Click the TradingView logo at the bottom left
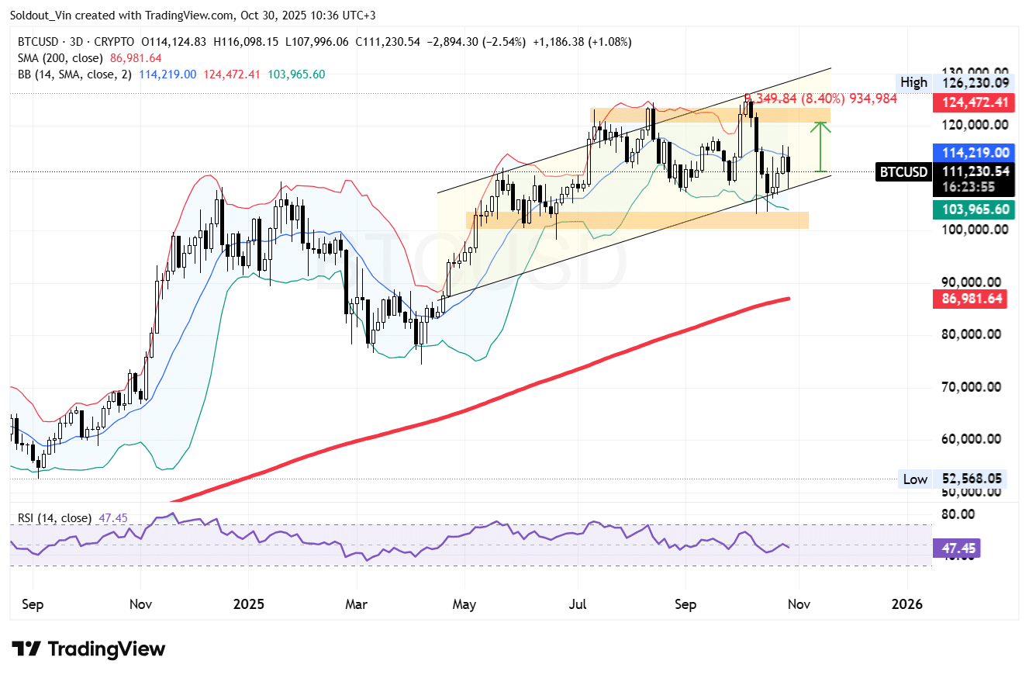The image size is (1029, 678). coord(88,649)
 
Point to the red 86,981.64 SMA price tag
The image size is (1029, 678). coord(969,298)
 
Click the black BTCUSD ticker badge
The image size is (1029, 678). coord(903,171)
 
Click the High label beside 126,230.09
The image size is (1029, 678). coord(913,82)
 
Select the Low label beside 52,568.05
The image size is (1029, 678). coord(915,479)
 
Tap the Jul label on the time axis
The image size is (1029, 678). coord(577,604)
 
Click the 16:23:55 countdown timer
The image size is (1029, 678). coord(958,187)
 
